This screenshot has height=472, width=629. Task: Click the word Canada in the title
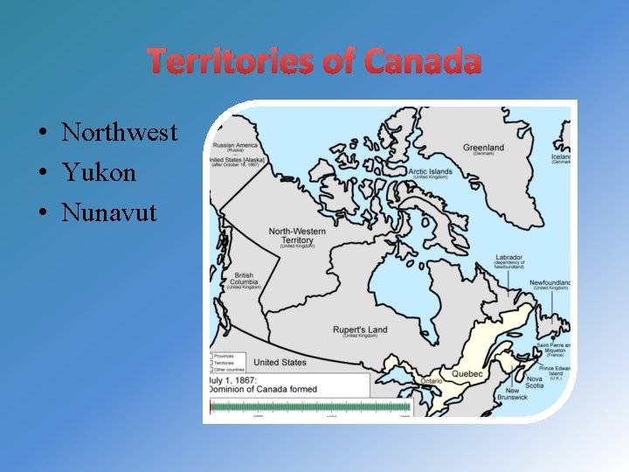pyautogui.click(x=423, y=62)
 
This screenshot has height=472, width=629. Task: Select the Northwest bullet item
pyautogui.click(x=119, y=133)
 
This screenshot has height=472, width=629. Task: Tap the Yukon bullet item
pyautogui.click(x=99, y=172)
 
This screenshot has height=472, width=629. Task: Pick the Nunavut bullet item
pyautogui.click(x=109, y=212)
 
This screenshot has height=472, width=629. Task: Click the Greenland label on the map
pyautogui.click(x=483, y=147)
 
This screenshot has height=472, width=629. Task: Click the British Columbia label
pyautogui.click(x=244, y=281)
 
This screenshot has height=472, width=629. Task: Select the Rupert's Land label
pyautogui.click(x=360, y=330)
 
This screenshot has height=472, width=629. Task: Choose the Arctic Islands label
pyautogui.click(x=431, y=171)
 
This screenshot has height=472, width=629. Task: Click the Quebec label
pyautogui.click(x=466, y=373)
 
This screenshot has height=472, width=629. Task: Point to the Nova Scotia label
pyautogui.click(x=535, y=382)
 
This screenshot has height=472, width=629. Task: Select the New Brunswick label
pyautogui.click(x=512, y=394)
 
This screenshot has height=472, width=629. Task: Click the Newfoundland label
pyautogui.click(x=550, y=283)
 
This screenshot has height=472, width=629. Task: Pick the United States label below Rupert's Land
pyautogui.click(x=280, y=362)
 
